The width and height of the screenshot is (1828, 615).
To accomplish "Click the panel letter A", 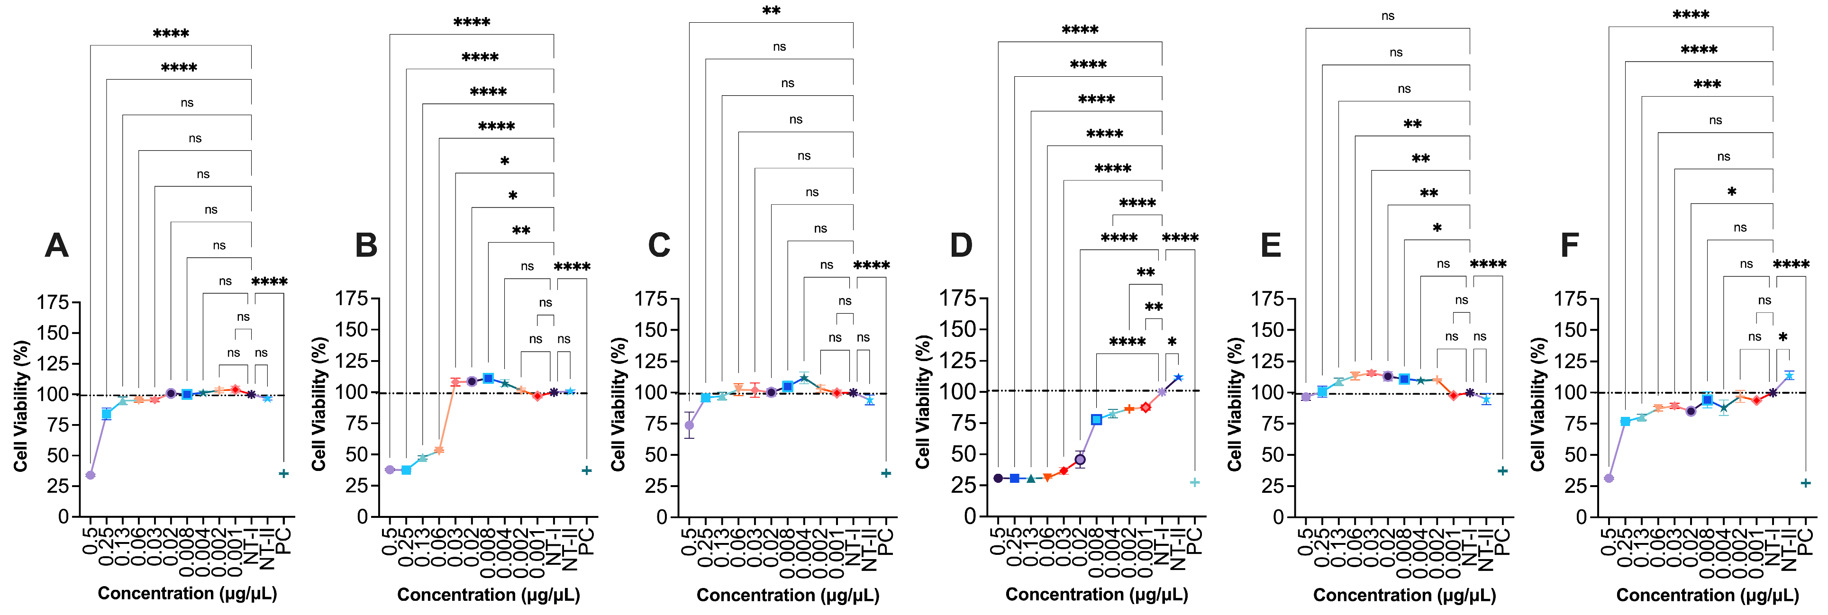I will pos(57,245).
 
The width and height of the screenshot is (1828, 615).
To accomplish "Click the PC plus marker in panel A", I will pos(284,473).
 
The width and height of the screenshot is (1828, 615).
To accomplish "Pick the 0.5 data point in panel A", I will pos(90,475).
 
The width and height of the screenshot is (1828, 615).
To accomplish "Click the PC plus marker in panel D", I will pos(1195,482).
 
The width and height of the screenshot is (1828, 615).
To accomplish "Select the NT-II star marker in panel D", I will pos(1179,377).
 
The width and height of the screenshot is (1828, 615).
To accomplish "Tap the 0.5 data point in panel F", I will pos(1609,478).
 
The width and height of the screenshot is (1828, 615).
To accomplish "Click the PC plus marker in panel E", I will pos(1502,470).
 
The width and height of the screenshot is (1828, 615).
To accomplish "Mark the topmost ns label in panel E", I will pos(1388,16).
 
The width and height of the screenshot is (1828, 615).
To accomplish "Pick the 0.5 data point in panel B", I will pos(390,470).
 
